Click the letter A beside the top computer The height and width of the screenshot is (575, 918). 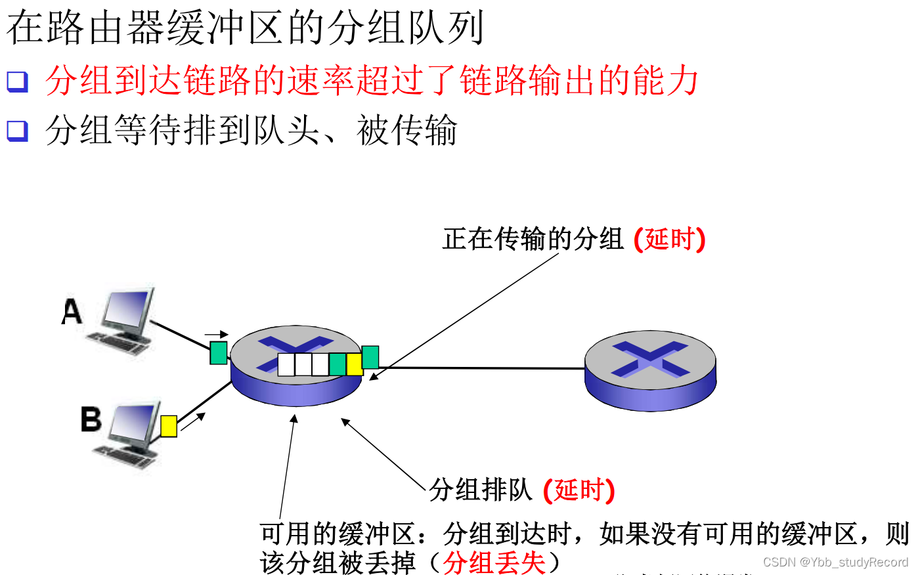click(x=72, y=312)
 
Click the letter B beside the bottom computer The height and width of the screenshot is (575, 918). click(x=91, y=419)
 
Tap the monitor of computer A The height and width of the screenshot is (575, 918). click(x=128, y=309)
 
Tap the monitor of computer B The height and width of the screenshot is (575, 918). click(x=135, y=424)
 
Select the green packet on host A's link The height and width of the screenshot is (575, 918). click(x=219, y=352)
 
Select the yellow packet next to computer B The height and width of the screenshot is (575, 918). click(x=169, y=426)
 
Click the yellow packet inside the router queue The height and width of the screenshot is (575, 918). click(x=355, y=364)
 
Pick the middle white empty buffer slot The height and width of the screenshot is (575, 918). click(x=303, y=364)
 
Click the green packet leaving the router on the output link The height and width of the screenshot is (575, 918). click(x=370, y=357)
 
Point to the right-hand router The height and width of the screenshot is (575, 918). click(x=650, y=371)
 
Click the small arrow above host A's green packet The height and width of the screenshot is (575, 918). click(x=216, y=335)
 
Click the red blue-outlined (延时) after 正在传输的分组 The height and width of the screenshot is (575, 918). click(x=669, y=239)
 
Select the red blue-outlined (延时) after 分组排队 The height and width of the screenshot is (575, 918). click(x=579, y=490)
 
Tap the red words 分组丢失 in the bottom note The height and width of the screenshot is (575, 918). click(x=494, y=563)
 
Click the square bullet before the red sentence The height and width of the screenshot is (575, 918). click(x=17, y=81)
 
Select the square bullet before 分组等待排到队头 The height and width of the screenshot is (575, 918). click(x=17, y=130)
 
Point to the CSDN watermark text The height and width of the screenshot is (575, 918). click(x=835, y=563)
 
